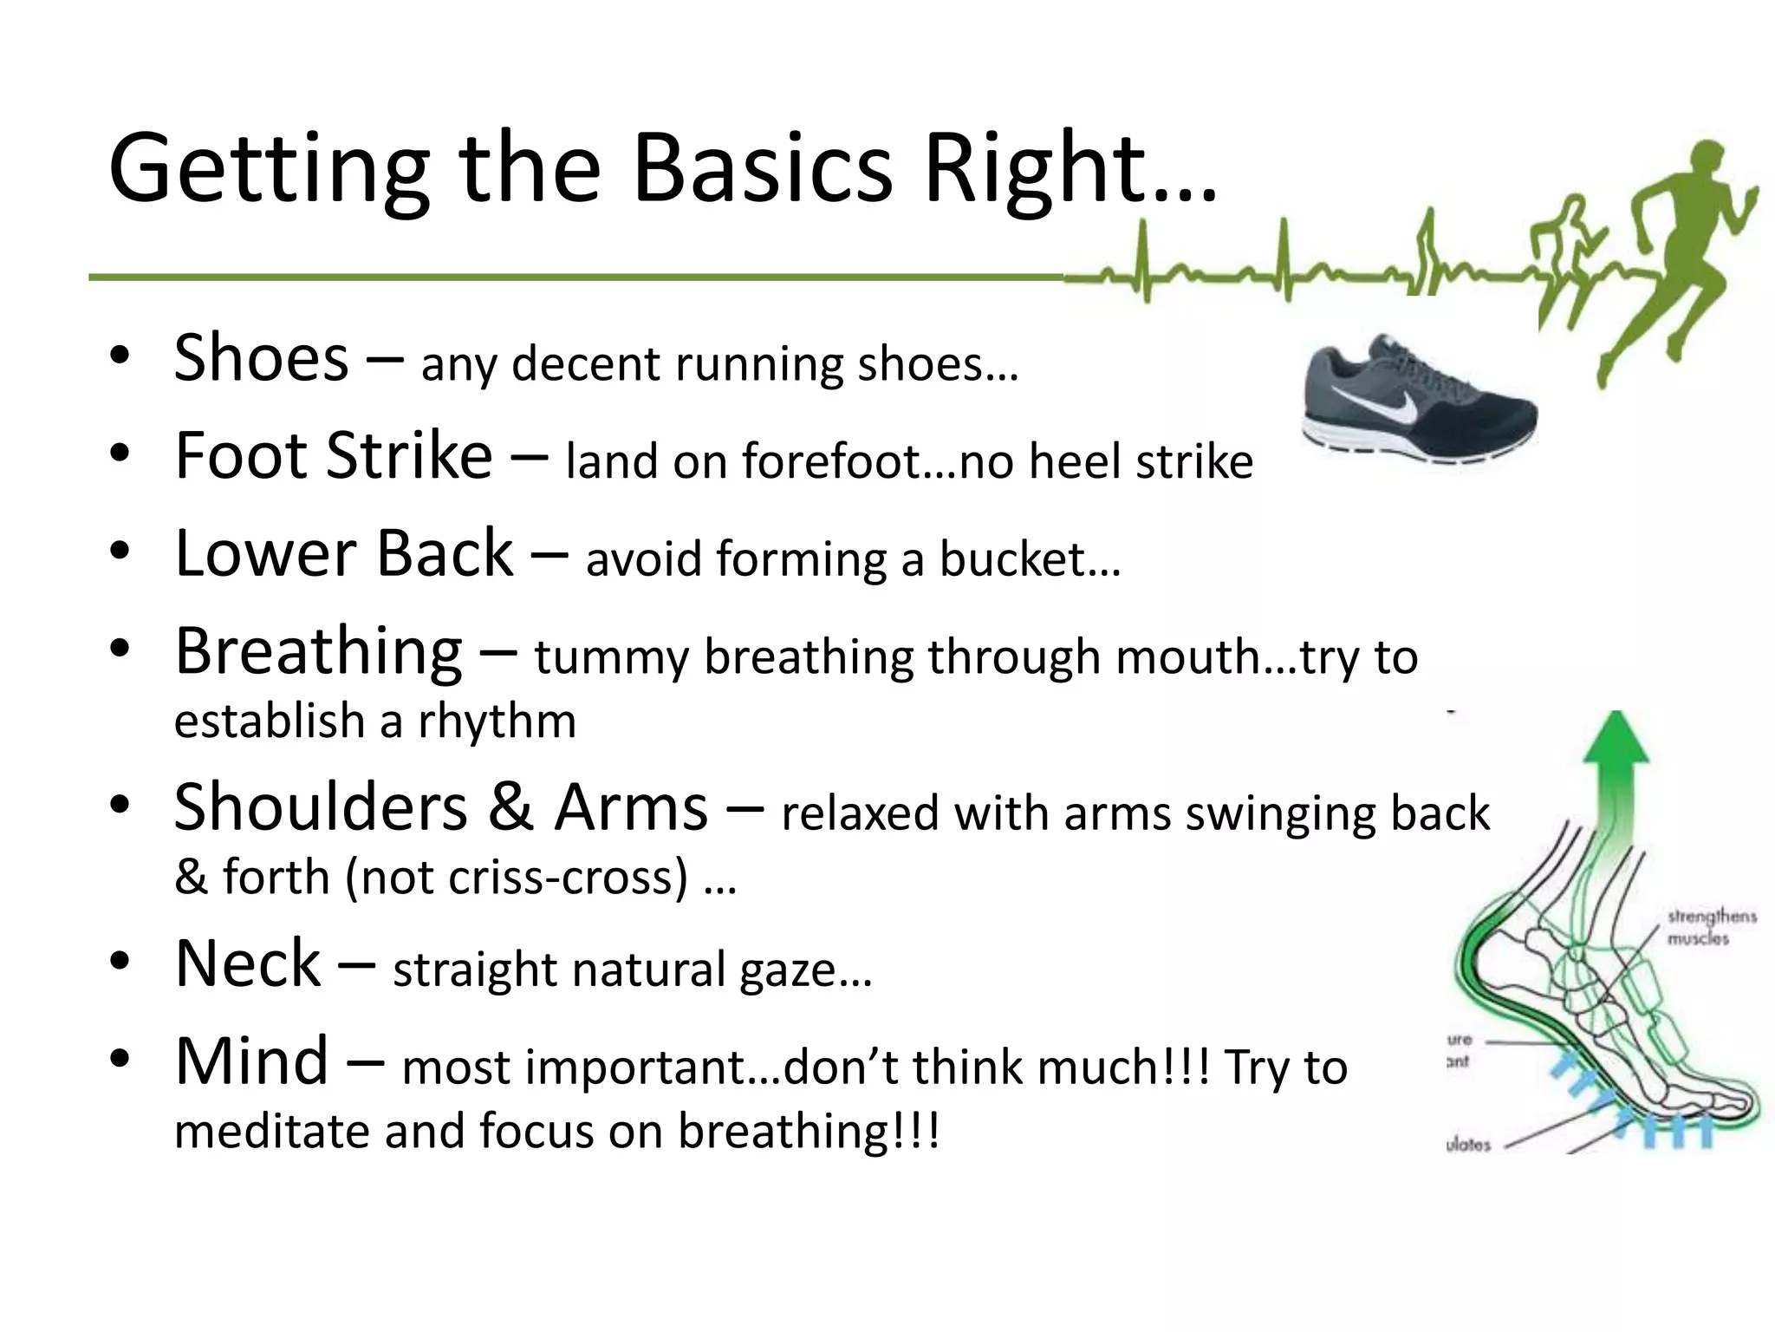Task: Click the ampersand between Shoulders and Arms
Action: [x=510, y=807]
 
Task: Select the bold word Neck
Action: [x=248, y=963]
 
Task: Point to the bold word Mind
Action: [x=251, y=1061]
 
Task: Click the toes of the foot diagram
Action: [x=1729, y=1106]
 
